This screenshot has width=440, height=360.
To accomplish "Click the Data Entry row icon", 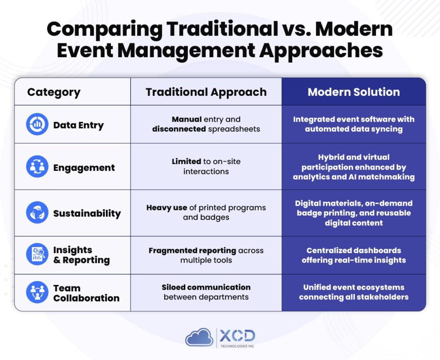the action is (x=37, y=125).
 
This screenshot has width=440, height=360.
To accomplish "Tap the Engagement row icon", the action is (x=37, y=167).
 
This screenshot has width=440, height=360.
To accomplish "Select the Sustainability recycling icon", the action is (x=37, y=213).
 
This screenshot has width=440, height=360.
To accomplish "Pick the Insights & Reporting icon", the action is (x=37, y=254).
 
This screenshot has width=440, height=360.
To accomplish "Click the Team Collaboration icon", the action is (x=37, y=292).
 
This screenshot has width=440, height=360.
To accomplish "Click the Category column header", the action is (x=54, y=92).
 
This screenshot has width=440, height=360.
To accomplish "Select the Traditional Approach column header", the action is (x=206, y=92).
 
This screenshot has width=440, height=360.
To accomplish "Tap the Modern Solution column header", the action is (x=354, y=92).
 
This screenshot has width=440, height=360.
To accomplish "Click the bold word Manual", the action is (x=186, y=119).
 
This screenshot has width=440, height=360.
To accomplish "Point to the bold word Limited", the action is (x=186, y=162).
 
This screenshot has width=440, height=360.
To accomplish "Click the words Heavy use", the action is (x=167, y=207).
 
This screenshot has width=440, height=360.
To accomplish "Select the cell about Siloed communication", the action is (x=206, y=292).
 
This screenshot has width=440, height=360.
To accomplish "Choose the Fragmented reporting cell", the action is (x=206, y=255).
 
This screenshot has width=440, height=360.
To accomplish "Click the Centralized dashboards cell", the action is (x=354, y=255).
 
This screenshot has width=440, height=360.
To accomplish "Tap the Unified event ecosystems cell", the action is (x=354, y=292).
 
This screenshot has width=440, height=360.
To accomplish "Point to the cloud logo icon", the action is (x=199, y=337).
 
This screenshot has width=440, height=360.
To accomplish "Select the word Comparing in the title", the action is (x=104, y=29).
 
